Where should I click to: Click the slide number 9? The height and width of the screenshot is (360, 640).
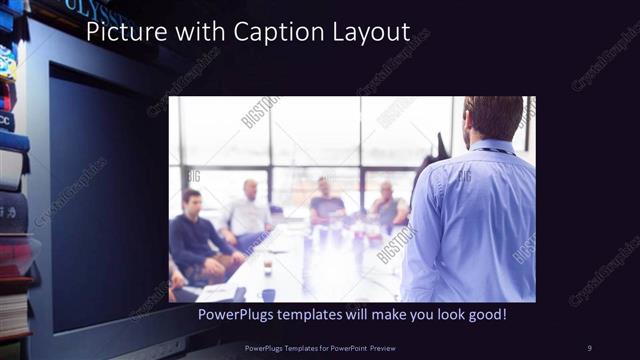pos(589,347)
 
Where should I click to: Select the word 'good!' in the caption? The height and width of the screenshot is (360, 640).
pos(485,314)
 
